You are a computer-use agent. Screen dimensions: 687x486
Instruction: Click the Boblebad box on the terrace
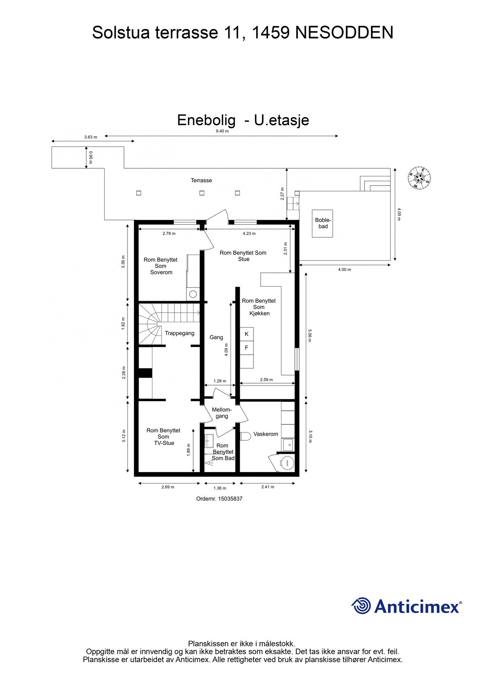(322, 224)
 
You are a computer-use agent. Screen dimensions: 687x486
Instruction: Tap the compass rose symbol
(419, 178)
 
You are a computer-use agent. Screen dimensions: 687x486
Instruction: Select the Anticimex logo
(406, 606)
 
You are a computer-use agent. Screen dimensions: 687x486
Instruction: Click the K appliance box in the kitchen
(247, 334)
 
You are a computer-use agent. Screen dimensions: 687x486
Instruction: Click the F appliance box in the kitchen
(247, 348)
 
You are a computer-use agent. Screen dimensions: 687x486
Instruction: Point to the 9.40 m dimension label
(222, 131)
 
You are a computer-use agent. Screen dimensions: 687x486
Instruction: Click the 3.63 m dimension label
(90, 137)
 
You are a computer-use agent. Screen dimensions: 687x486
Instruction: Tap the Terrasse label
(201, 181)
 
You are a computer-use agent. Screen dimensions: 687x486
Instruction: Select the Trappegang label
(179, 333)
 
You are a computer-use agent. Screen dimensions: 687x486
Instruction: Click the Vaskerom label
(266, 434)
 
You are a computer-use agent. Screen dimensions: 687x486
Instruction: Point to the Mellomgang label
(222, 413)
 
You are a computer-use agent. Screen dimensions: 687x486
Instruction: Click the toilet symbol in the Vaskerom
(245, 436)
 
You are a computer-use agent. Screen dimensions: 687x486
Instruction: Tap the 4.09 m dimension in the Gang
(226, 350)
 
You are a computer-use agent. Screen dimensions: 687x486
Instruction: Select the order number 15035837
(219, 499)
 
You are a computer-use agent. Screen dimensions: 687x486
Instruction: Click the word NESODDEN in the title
(344, 33)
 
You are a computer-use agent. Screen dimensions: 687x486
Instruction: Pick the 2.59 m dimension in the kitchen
(266, 380)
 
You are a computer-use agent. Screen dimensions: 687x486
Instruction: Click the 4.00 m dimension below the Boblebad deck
(344, 269)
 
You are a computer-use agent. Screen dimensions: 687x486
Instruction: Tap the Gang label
(216, 337)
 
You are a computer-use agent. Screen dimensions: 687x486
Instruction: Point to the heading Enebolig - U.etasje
(243, 120)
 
